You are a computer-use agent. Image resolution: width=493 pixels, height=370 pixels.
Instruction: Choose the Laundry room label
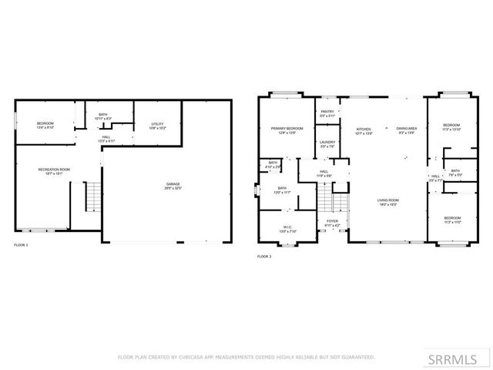pos(327,143)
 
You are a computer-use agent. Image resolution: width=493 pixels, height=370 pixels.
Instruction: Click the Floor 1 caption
pos(21,245)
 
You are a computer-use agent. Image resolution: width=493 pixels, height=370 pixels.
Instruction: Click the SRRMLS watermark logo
pos(464,358)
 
